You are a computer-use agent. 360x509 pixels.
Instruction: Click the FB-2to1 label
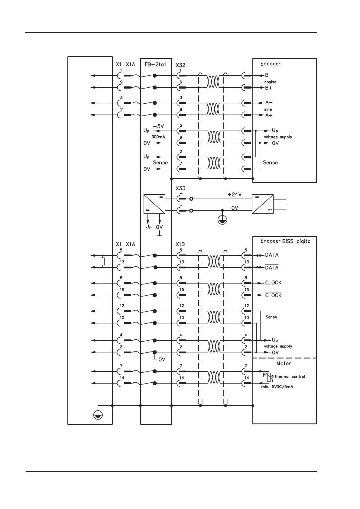click(x=155, y=64)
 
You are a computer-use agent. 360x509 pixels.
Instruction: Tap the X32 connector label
click(x=180, y=65)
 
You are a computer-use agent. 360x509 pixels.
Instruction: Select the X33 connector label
click(x=180, y=188)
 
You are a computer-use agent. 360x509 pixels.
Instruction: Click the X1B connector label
click(x=180, y=244)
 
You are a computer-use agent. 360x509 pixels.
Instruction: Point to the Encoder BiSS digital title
click(x=286, y=241)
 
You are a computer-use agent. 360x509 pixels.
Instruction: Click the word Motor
click(x=283, y=363)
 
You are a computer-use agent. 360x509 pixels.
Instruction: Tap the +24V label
click(x=234, y=195)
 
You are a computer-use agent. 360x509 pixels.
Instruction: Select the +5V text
click(x=158, y=126)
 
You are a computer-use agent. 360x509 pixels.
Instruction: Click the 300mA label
click(x=158, y=137)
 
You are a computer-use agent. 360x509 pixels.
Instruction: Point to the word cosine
click(x=270, y=82)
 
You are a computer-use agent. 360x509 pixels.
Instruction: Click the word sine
click(x=268, y=109)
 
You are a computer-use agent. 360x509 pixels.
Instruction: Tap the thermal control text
click(x=290, y=377)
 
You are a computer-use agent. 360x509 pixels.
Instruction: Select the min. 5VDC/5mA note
click(x=277, y=387)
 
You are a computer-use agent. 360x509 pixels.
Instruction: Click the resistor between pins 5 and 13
click(x=103, y=261)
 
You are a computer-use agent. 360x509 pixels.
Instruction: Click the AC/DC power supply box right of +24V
click(x=262, y=204)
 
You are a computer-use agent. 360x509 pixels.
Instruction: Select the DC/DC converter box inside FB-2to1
click(x=154, y=204)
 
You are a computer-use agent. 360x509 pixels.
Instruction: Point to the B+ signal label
click(x=269, y=88)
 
